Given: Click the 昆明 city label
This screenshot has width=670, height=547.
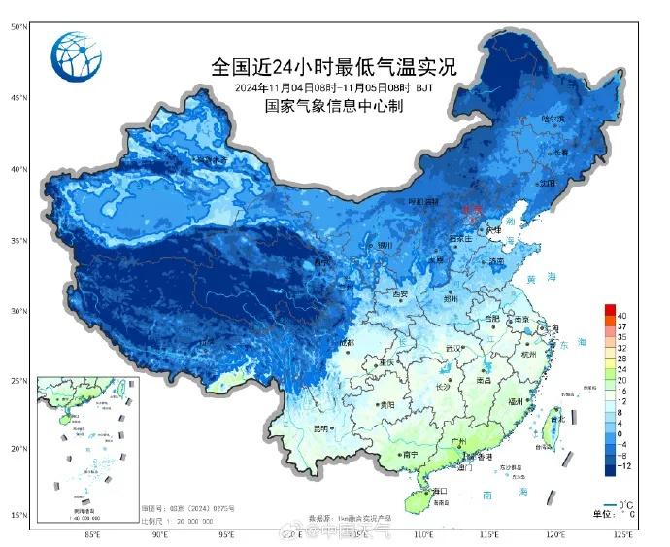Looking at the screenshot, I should tap(321, 428).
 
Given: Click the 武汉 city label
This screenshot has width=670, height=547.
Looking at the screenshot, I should tap(450, 348).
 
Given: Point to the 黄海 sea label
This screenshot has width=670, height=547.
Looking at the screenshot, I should tap(530, 279).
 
